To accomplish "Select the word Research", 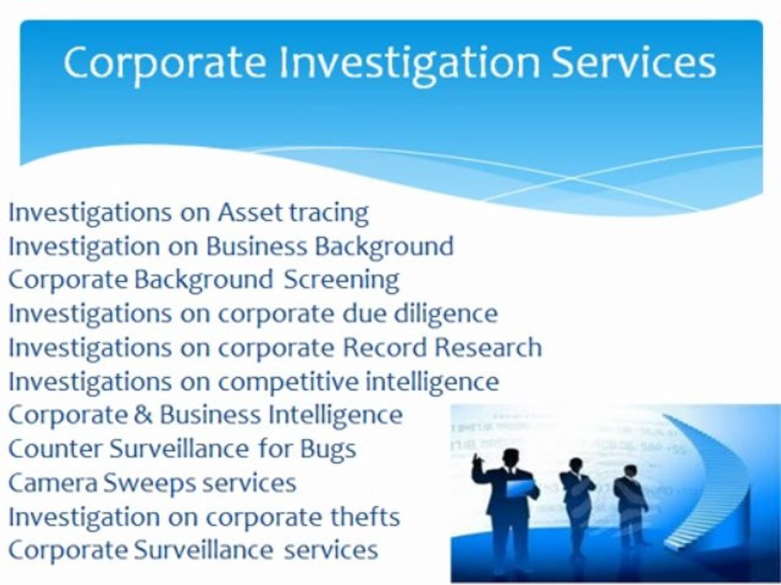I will pos(487,348).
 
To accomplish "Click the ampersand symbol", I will pos(143,415).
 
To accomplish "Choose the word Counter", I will pos(55,449).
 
